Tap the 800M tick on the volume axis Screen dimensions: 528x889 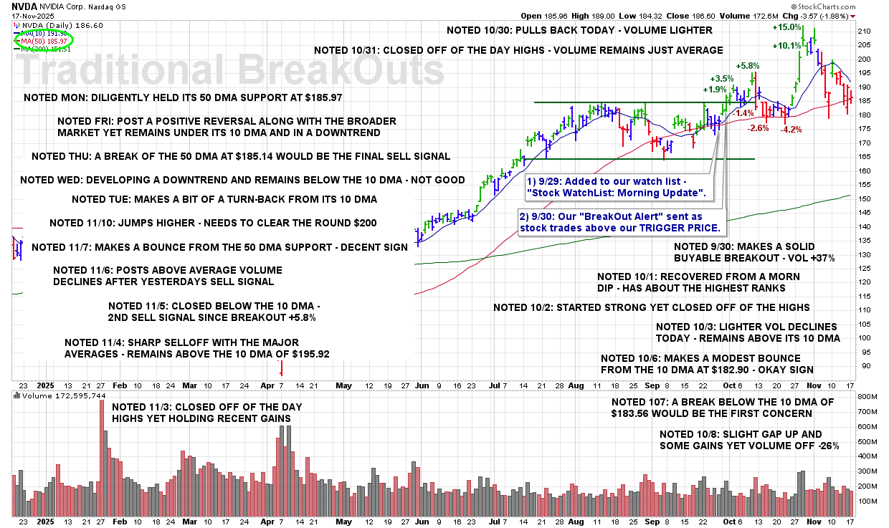tap(863, 396)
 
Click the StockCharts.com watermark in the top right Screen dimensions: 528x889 tap(845, 6)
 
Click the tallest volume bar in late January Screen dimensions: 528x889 tap(101, 459)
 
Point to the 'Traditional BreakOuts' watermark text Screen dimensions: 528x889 tap(229, 70)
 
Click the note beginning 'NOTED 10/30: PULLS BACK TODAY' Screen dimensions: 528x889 tap(579, 31)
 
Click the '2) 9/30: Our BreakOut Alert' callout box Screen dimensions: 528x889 tap(619, 222)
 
